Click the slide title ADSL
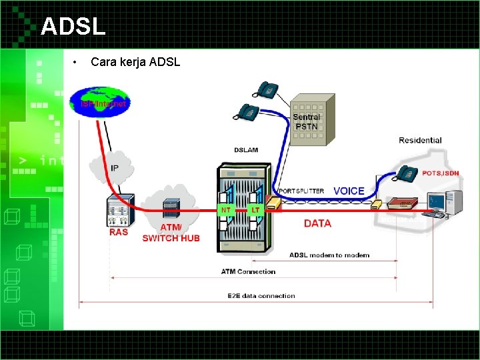73,27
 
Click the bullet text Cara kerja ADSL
135,63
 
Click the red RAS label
119,233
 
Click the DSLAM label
246,150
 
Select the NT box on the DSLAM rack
227,209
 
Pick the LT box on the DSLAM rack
255,209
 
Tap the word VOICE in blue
349,191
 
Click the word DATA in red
317,223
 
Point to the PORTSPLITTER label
301,191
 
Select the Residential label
420,140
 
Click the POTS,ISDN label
441,172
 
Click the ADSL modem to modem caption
329,255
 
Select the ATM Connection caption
248,271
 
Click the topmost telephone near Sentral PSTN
268,89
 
